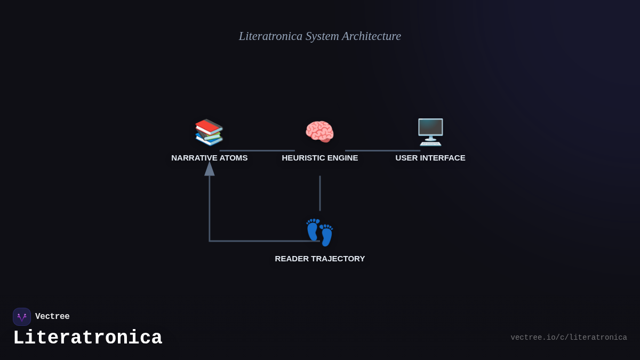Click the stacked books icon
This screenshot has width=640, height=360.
[209, 132]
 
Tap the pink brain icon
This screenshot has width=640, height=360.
[319, 132]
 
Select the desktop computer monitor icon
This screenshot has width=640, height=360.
[430, 132]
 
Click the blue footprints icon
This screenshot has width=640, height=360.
[319, 233]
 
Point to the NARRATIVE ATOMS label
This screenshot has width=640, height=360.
[209, 158]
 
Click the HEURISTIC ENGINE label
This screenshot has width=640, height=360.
[320, 158]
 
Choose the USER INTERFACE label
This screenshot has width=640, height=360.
[430, 158]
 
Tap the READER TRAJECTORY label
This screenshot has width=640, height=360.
[320, 259]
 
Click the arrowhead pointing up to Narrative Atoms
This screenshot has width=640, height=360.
[210, 169]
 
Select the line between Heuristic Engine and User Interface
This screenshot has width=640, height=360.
[382, 150]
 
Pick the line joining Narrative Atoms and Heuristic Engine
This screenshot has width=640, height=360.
[257, 150]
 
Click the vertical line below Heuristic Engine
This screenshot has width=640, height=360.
[320, 193]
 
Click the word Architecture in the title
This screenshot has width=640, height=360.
[371, 36]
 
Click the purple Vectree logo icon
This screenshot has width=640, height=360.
[22, 317]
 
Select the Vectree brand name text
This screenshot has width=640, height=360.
[52, 317]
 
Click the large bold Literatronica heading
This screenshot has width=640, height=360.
[87, 338]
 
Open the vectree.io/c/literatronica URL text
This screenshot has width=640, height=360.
[569, 338]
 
